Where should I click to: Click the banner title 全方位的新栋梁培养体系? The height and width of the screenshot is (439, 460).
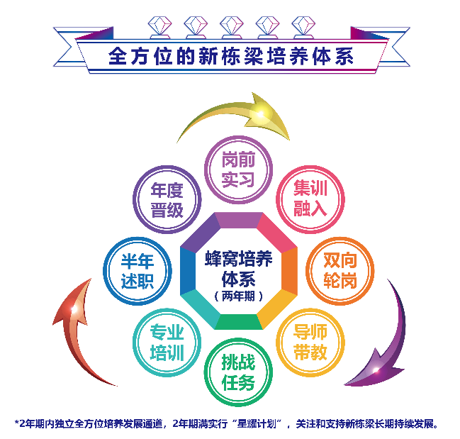pyautogui.click(x=231, y=57)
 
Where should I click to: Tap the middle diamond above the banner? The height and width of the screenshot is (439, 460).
pyautogui.click(x=231, y=26)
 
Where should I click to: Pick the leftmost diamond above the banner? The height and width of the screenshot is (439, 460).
pyautogui.click(x=159, y=26)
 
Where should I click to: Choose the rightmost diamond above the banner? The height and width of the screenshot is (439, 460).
pyautogui.click(x=303, y=26)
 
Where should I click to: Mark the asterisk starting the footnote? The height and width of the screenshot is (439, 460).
pyautogui.click(x=16, y=423)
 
